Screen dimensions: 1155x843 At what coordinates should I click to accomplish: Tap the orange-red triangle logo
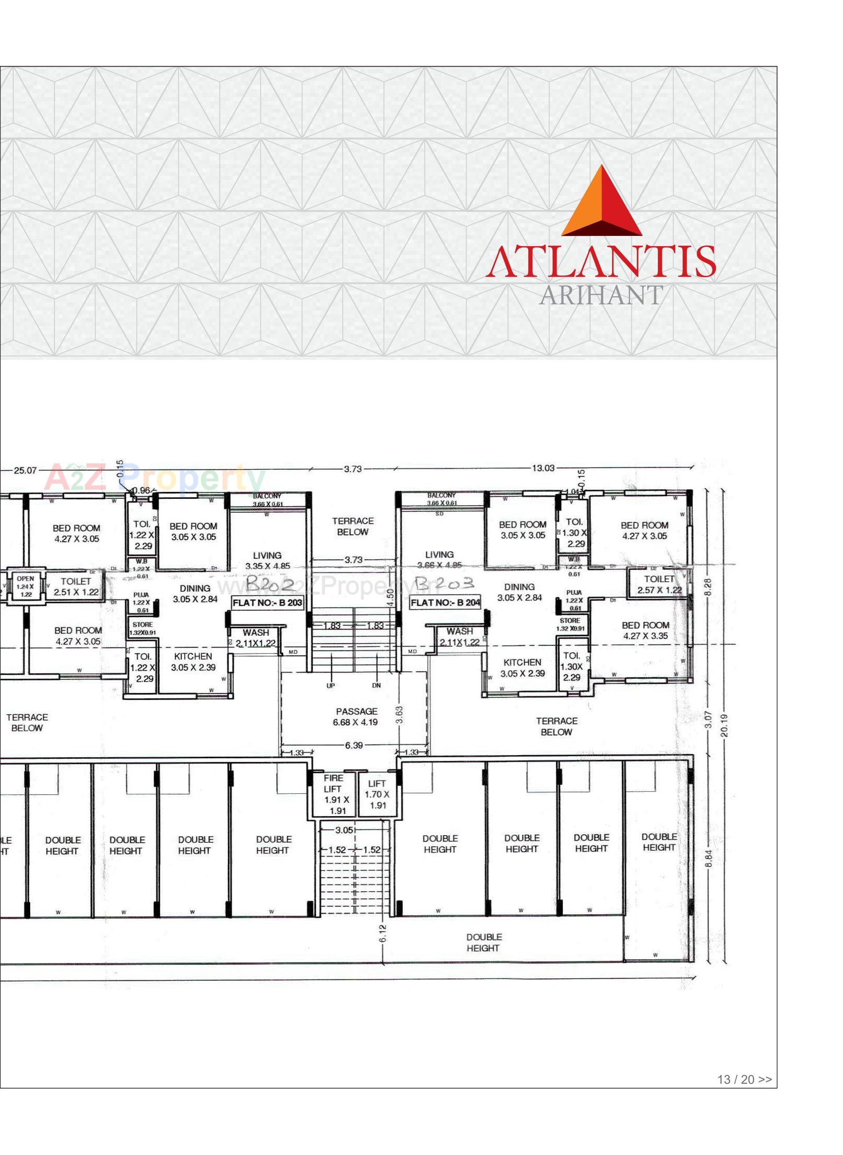click(x=602, y=202)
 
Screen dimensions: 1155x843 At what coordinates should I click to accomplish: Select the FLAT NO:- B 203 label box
click(x=267, y=602)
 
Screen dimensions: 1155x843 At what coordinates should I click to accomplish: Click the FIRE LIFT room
click(x=334, y=794)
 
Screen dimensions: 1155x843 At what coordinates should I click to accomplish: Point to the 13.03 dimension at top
click(x=542, y=468)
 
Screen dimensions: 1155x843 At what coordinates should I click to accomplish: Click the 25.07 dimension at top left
click(x=25, y=470)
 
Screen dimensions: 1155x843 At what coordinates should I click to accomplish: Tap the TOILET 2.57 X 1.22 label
click(x=659, y=584)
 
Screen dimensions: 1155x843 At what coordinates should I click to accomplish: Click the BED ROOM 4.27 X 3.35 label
click(x=645, y=630)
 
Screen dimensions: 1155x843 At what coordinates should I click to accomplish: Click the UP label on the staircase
click(x=331, y=686)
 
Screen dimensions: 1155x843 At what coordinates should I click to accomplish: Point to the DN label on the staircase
click(x=376, y=685)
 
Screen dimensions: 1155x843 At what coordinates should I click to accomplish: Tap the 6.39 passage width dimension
click(x=354, y=745)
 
